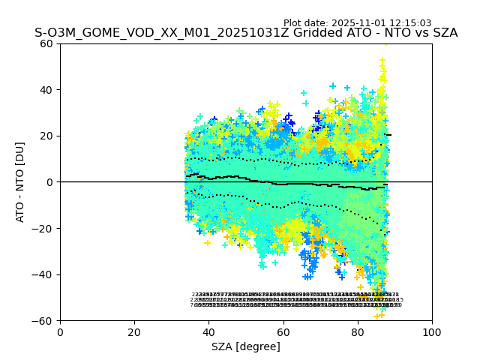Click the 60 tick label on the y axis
47,43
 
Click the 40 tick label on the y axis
47,90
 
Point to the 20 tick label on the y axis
47,136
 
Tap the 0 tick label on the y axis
50,182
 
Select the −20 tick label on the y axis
44,229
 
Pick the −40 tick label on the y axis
44,274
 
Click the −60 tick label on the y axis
44,321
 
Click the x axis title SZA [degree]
246,346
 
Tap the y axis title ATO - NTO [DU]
20,182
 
